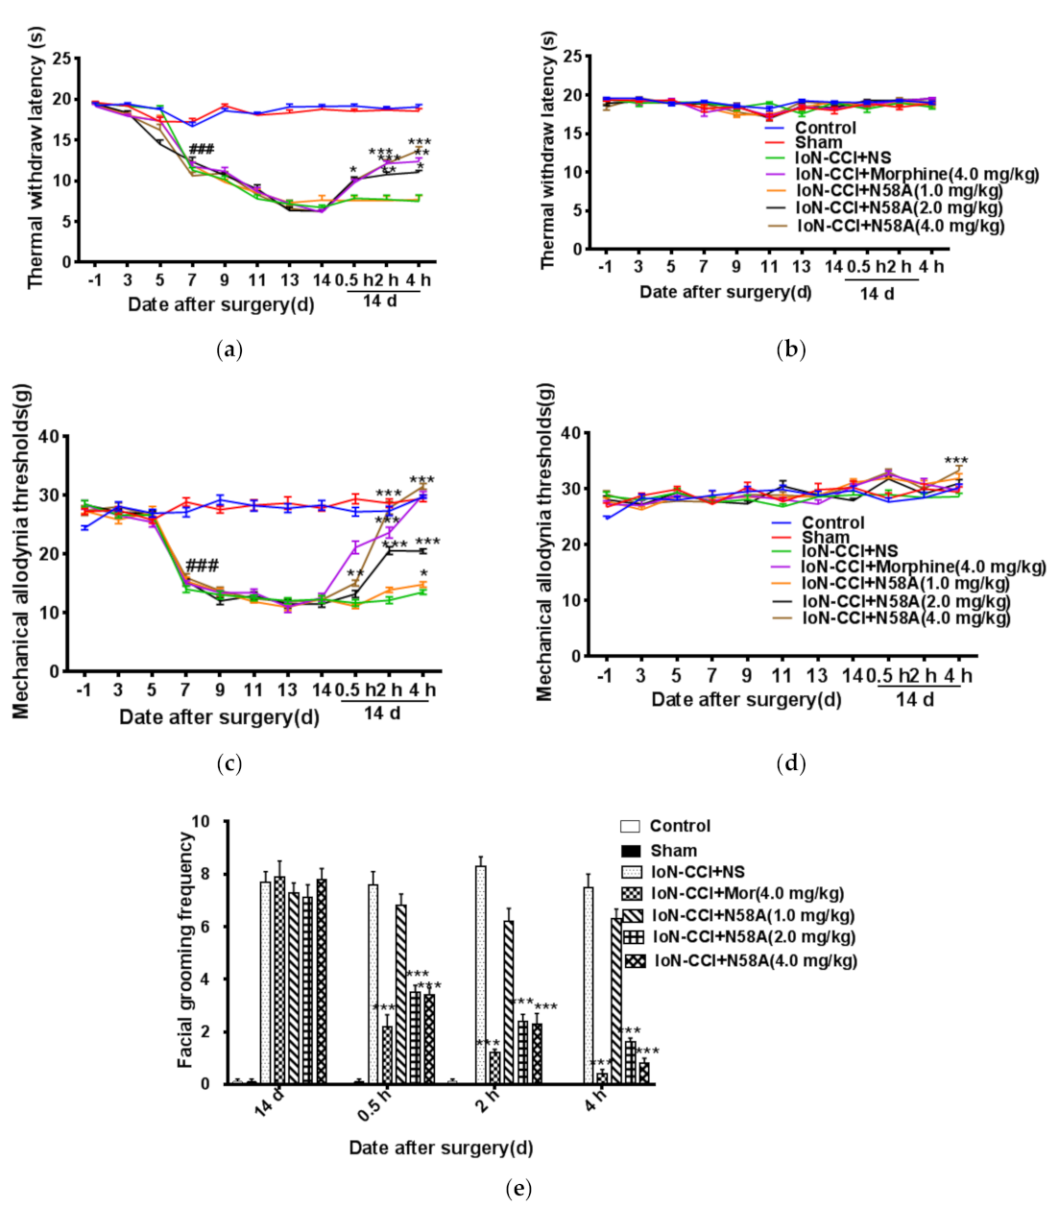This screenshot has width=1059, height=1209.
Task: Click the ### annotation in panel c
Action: [202, 565]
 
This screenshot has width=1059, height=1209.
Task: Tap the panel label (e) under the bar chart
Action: [517, 1189]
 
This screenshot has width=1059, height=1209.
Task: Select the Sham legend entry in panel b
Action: [818, 143]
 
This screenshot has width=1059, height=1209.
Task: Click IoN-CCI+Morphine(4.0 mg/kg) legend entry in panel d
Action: [923, 568]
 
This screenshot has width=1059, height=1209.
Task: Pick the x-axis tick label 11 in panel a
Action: [257, 280]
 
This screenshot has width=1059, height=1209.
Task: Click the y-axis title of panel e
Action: [186, 949]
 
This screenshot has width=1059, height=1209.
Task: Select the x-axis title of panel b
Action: [725, 292]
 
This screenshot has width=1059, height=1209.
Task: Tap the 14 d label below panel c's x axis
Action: [382, 713]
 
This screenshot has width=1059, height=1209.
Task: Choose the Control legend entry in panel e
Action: [680, 826]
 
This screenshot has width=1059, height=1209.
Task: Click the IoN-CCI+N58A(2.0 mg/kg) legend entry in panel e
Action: [753, 937]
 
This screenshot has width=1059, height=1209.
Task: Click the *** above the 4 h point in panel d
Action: [956, 461]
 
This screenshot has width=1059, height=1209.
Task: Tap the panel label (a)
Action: [228, 350]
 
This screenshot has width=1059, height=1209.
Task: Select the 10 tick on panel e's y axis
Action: [201, 822]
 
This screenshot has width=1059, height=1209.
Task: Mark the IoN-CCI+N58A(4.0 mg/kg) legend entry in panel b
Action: [901, 226]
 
